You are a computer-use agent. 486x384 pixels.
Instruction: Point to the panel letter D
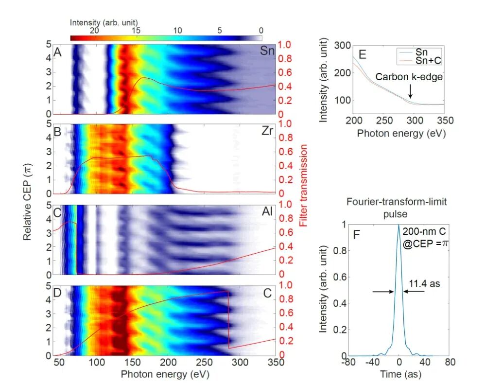point(58,293)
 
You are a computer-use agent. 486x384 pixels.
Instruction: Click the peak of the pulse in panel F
point(399,225)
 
